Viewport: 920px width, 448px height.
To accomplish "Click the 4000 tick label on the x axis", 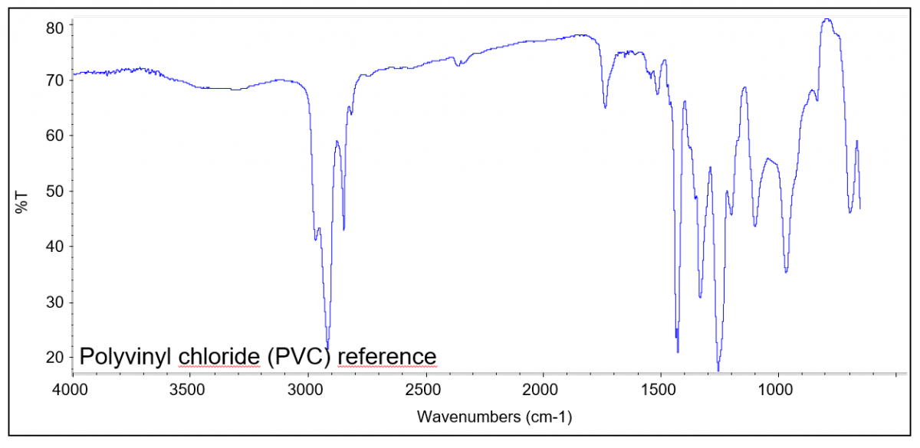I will click(73, 390).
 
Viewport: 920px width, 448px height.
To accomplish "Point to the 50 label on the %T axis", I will click(56, 191).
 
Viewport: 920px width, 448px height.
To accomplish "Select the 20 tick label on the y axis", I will click(56, 358).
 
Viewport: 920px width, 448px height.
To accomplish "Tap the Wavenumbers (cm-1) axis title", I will click(495, 417).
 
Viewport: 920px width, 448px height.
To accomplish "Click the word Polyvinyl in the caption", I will click(126, 357).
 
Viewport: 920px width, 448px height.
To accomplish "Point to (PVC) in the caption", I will click(299, 357).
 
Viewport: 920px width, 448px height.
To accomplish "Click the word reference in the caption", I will click(387, 357).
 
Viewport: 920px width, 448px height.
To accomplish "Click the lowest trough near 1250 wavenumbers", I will click(718, 370).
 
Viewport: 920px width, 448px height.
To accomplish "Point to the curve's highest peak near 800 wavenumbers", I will click(826, 20).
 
